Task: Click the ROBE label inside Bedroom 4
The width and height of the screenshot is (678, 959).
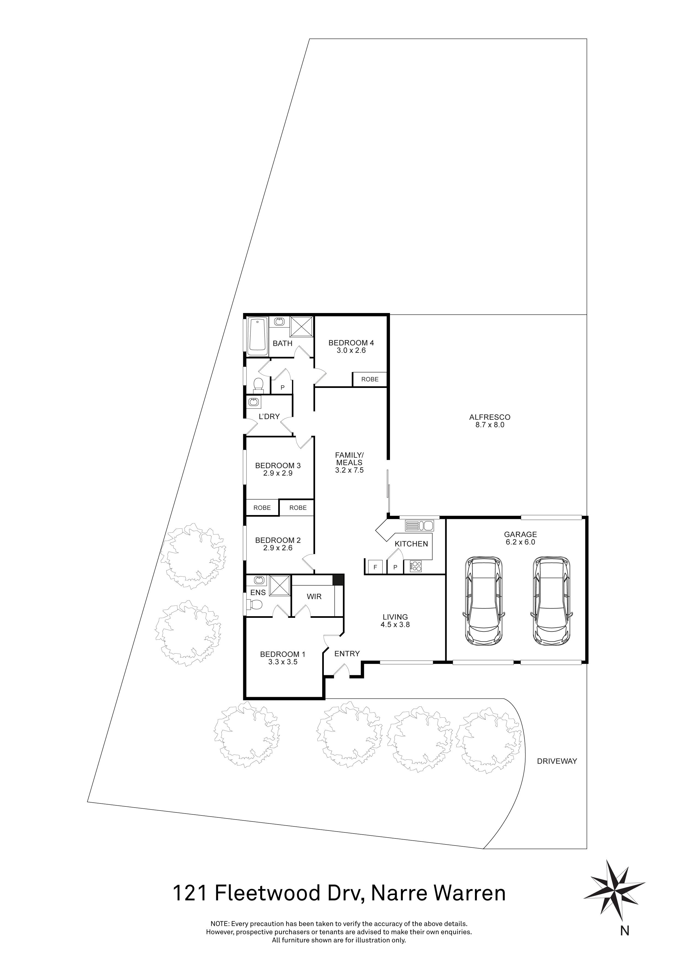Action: [x=370, y=379]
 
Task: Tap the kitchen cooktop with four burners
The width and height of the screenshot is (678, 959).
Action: [x=416, y=566]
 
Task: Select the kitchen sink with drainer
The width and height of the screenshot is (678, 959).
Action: [x=419, y=525]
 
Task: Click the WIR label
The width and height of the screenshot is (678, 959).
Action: [x=314, y=597]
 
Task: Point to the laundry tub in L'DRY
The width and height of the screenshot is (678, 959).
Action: [x=253, y=402]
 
